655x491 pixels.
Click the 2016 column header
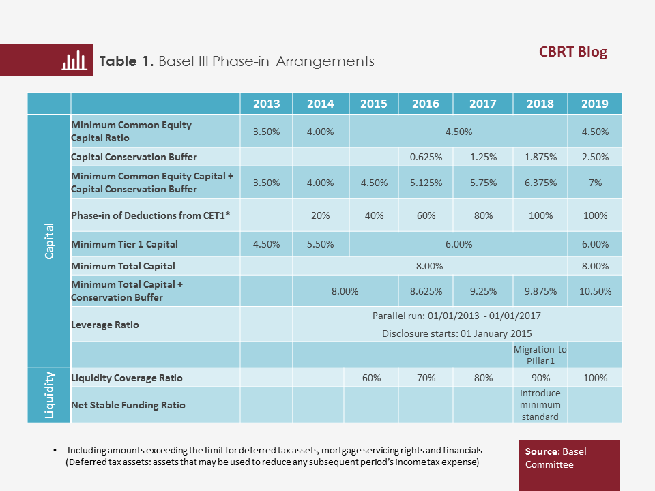tap(426, 104)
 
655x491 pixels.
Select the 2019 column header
tap(594, 104)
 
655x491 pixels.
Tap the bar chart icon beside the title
tap(75, 61)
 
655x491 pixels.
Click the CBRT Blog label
tap(573, 52)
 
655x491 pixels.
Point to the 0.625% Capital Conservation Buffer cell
tap(426, 157)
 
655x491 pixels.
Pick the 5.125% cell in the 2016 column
tap(426, 183)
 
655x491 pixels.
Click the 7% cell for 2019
tap(595, 183)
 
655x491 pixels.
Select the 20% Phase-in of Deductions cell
tap(320, 215)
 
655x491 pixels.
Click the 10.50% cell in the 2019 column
tap(595, 291)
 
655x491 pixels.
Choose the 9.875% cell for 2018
tap(540, 291)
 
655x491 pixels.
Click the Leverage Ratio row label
tap(105, 325)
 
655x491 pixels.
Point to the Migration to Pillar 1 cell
tap(540, 355)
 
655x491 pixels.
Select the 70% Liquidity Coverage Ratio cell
tap(426, 378)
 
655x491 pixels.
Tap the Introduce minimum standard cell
tap(540, 405)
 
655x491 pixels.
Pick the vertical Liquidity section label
tap(49, 396)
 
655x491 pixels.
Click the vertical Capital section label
tap(49, 243)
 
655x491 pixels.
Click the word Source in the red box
tap(541, 451)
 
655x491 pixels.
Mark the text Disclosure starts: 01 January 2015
tap(456, 333)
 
